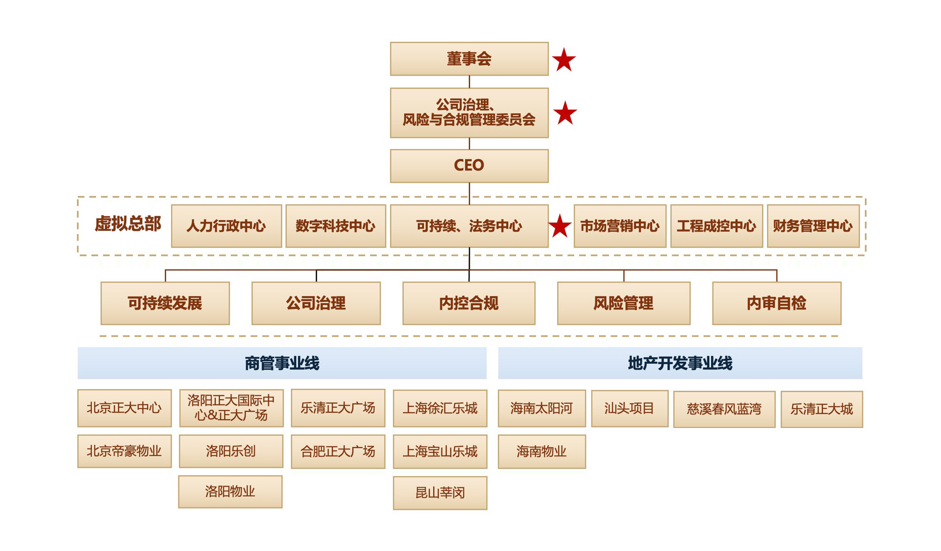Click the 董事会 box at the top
[469, 59]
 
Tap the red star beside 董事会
[564, 60]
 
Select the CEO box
[469, 166]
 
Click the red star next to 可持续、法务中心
[560, 226]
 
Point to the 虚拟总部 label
[128, 224]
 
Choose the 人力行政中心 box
[226, 226]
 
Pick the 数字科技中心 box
[336, 226]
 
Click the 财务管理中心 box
[813, 226]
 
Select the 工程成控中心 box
[717, 226]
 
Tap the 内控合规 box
[469, 303]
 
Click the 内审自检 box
[776, 303]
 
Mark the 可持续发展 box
[165, 303]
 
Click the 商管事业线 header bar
[282, 363]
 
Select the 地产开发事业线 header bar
[680, 363]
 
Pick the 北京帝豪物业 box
[124, 451]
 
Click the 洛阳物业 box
[230, 492]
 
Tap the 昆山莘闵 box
[440, 493]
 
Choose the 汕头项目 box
[629, 408]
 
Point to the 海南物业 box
[542, 451]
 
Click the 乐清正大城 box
[821, 409]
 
